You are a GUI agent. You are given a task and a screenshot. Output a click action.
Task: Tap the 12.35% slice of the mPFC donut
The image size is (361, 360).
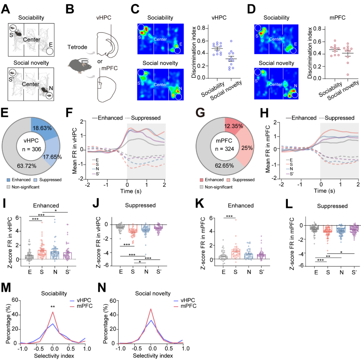click(234, 126)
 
